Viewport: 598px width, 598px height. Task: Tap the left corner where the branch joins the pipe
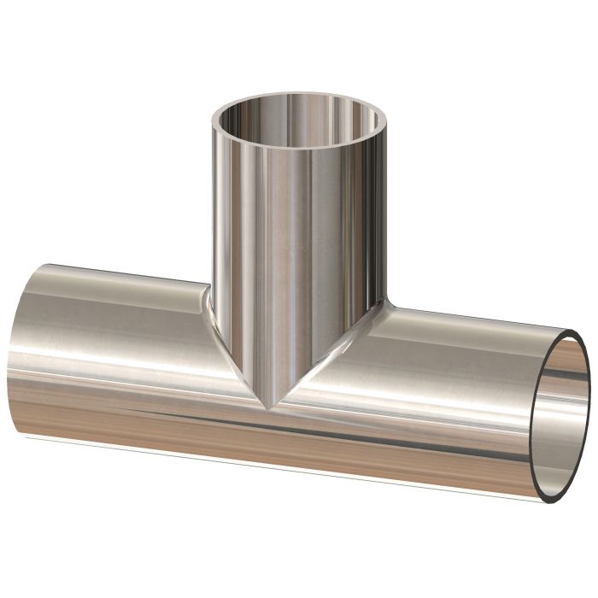211,290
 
